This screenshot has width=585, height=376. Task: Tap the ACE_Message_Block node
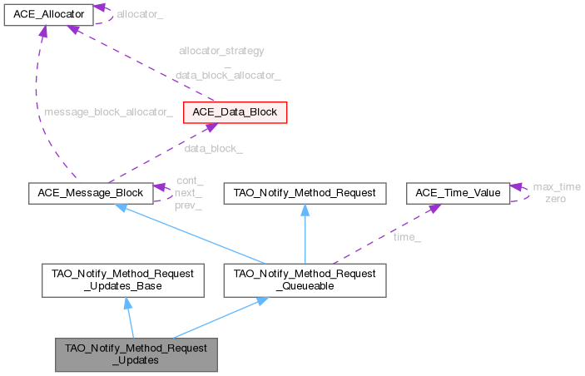[89, 193]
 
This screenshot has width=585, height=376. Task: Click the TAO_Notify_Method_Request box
[305, 193]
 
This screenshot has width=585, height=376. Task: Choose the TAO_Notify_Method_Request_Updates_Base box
[123, 280]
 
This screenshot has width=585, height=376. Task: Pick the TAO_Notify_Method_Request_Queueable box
[305, 280]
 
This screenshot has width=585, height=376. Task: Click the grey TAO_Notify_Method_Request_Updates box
[136, 354]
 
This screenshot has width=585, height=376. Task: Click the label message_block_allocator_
[108, 112]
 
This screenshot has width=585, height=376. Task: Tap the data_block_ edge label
[213, 149]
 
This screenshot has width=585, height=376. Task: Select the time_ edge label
[407, 239]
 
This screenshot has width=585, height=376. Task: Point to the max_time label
[557, 187]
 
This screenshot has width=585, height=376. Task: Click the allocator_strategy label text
[221, 51]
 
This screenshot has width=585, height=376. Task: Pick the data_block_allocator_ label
[227, 75]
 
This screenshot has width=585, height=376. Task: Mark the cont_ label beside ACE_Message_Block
[189, 181]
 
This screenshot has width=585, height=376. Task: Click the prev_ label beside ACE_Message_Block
[189, 205]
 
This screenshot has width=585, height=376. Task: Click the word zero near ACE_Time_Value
[557, 200]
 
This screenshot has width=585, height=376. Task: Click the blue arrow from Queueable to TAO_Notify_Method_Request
[305, 236]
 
